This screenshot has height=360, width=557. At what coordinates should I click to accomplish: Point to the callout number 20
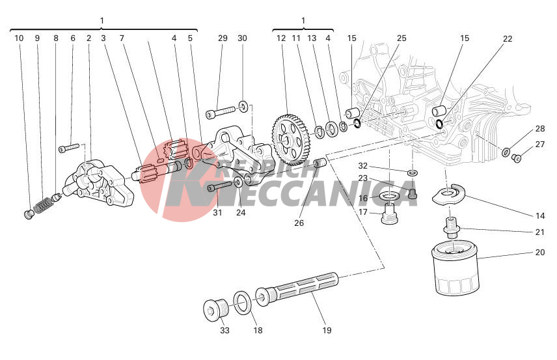pyautogui.click(x=540, y=253)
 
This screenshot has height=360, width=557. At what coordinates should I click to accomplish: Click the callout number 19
pyautogui.click(x=327, y=330)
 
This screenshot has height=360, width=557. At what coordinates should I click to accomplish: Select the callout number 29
pyautogui.click(x=223, y=38)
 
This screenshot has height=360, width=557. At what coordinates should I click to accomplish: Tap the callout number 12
pyautogui.click(x=281, y=38)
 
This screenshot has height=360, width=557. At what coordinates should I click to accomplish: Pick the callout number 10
pyautogui.click(x=19, y=38)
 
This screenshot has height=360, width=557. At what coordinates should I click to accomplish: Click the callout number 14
pyautogui.click(x=540, y=215)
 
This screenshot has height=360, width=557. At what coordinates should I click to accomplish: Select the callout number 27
pyautogui.click(x=540, y=145)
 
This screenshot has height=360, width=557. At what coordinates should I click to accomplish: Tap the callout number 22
pyautogui.click(x=508, y=38)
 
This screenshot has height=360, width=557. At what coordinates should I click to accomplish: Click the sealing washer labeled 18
pyautogui.click(x=242, y=301)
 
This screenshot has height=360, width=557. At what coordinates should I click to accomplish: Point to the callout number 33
pyautogui.click(x=225, y=330)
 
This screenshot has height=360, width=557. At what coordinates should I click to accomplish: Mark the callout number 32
pyautogui.click(x=363, y=165)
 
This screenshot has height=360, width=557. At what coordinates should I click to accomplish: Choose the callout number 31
pyautogui.click(x=217, y=213)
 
